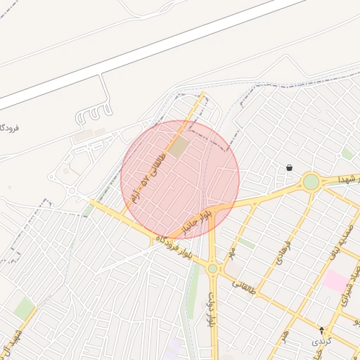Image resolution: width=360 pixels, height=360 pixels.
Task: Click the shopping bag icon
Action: (289, 168)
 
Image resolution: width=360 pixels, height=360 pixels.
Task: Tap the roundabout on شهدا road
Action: (311, 182)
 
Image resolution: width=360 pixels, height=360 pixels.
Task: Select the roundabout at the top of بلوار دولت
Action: (212, 268)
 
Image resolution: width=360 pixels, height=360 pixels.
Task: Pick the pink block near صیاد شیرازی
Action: (335, 282)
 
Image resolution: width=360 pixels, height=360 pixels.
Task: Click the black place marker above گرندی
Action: (322, 330)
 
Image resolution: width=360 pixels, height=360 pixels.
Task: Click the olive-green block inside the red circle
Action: (178, 147)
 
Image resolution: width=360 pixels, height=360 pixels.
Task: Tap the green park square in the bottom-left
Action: (24, 307)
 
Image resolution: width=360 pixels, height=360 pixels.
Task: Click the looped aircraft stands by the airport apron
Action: (95, 113)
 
